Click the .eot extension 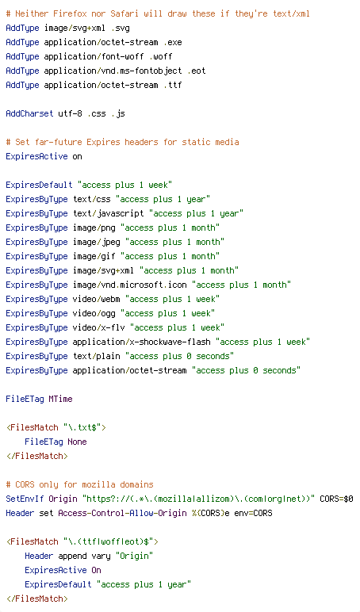(196, 71)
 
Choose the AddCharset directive (29, 113)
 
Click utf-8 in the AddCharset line (70, 113)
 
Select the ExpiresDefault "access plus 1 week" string (124, 185)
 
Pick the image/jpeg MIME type (97, 242)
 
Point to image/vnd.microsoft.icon (129, 285)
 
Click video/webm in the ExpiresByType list (97, 299)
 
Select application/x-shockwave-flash (141, 342)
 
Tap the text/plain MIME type (97, 356)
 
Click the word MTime (60, 399)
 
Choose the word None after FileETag (77, 442)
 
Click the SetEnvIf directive (25, 499)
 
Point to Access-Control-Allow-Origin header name (122, 513)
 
